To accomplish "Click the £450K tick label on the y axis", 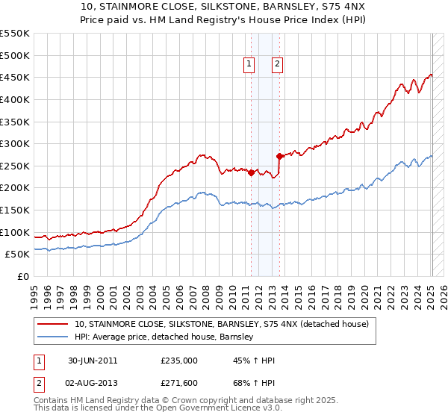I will click(x=15, y=77).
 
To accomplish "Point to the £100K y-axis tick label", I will click(x=15, y=232).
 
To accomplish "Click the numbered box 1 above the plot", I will click(x=249, y=65).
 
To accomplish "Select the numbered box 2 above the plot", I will click(x=277, y=65).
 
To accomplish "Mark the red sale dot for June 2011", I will click(x=252, y=172).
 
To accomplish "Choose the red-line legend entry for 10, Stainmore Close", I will click(x=222, y=324).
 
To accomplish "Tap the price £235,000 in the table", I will click(x=179, y=361).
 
